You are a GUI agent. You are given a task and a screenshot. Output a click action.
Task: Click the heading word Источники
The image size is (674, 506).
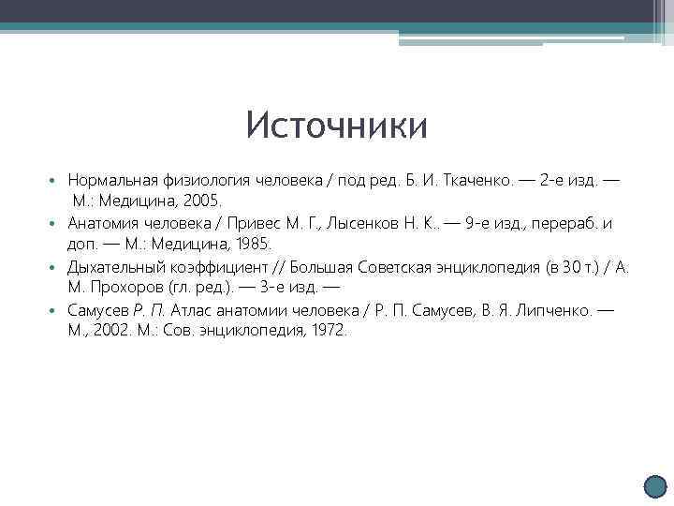(336, 126)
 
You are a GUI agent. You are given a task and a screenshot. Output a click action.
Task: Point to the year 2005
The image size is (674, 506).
(201, 201)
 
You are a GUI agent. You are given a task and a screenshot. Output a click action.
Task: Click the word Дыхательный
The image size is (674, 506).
(115, 267)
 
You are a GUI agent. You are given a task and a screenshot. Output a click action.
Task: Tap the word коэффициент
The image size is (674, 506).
(220, 267)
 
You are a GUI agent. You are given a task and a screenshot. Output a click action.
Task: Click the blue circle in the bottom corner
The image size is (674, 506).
(658, 488)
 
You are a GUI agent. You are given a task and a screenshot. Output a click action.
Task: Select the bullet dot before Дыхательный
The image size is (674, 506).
(56, 268)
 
